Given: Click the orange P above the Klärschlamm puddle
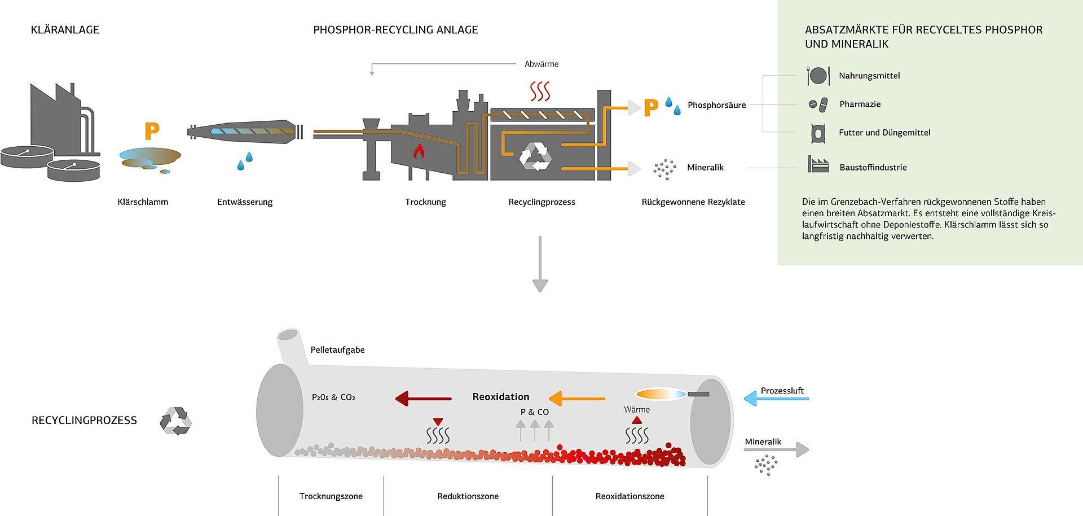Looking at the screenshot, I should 152,131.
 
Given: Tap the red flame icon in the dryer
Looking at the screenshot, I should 419,151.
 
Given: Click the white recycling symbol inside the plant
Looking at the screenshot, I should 535,156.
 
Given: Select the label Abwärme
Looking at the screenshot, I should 541,64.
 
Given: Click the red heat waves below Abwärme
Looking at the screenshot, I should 540,91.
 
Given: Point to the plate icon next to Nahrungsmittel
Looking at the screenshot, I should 818,76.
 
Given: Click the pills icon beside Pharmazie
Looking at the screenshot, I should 818,104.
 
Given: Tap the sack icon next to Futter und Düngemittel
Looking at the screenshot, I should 818,133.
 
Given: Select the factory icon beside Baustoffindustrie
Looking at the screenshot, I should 818,165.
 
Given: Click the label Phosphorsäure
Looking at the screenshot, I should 716,105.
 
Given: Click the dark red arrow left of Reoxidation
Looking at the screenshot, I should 424,399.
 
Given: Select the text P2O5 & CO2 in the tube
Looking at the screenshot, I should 333,397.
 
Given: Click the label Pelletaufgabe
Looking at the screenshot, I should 337,350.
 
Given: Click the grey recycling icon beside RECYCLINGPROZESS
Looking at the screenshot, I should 175,421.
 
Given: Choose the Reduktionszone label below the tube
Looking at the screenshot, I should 468,496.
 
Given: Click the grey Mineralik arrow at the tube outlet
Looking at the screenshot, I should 776,450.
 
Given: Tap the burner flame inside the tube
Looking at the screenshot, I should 661,394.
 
